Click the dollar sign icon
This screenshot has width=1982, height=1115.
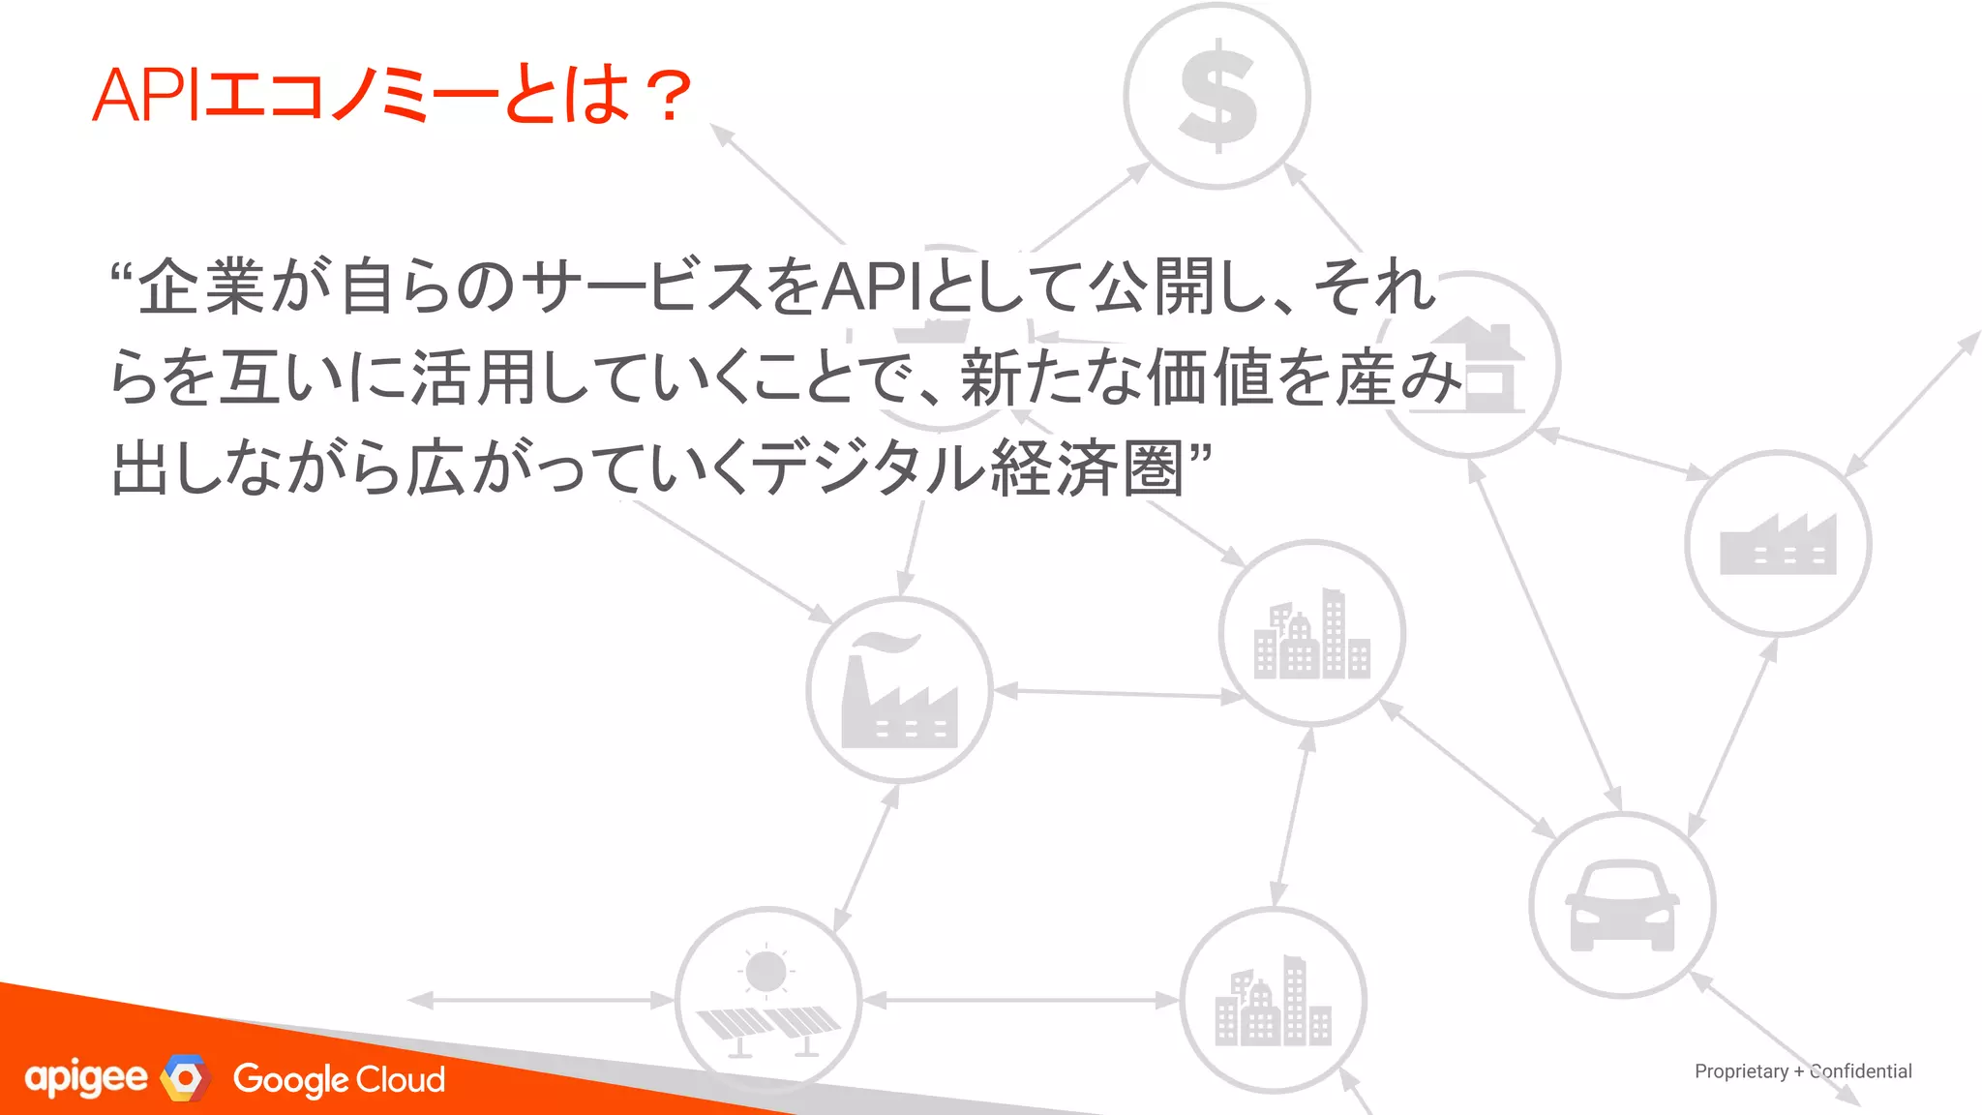pos(1217,96)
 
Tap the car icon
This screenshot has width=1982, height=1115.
pos(1622,906)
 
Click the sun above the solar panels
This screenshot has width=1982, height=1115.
pos(766,971)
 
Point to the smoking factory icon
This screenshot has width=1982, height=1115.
pos(899,691)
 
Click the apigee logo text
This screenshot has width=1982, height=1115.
pos(86,1078)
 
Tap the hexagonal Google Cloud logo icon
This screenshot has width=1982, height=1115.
pos(186,1077)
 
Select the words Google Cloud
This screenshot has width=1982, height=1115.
pos(339,1079)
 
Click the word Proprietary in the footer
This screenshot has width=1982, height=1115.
pos(1741,1071)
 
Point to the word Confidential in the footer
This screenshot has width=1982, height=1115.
pos(1861,1071)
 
